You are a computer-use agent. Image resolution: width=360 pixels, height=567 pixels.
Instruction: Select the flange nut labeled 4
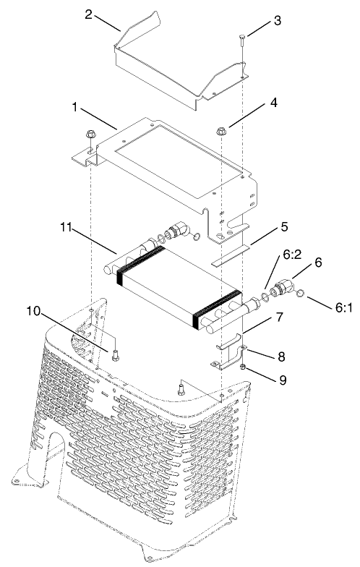223,132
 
